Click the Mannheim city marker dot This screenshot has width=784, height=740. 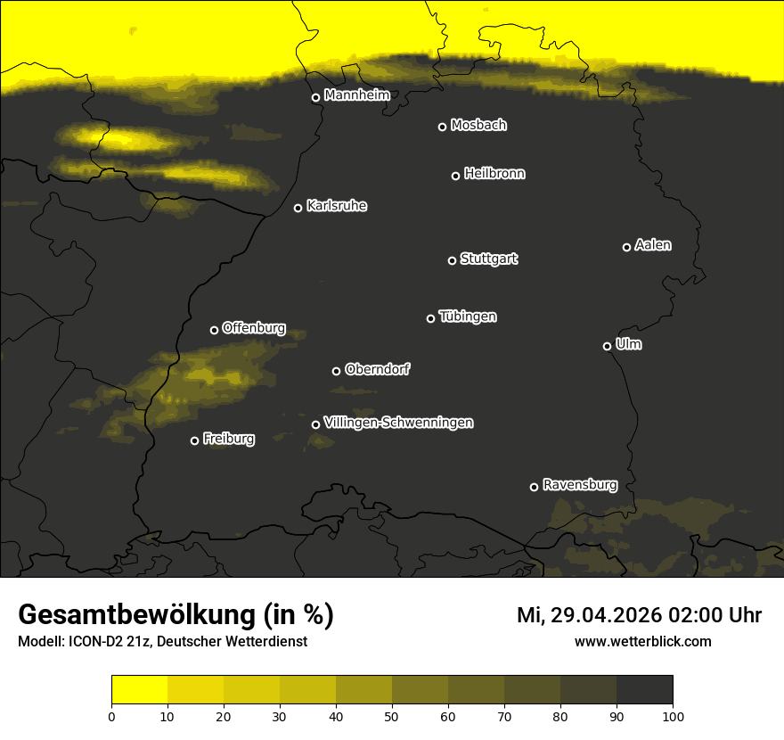pos(315,98)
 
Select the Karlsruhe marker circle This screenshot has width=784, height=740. pos(298,208)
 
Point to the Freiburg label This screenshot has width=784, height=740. pos(228,439)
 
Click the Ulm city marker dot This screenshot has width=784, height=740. pos(607,346)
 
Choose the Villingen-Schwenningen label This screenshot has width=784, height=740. pos(398,423)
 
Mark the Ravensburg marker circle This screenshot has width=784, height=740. pos(534,487)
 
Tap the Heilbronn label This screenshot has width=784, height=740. pos(494,174)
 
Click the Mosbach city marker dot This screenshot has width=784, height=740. pos(442,127)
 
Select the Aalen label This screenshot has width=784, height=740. pos(653,245)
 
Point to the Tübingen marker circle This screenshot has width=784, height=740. pos(430,318)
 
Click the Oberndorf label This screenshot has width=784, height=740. pos(377,369)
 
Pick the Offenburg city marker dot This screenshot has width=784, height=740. pos(214,330)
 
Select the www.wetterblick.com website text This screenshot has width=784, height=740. pos(642,641)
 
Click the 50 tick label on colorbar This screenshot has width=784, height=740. pos(392,715)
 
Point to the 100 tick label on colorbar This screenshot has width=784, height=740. pos(673,715)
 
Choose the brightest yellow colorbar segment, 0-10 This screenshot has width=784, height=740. pos(139,690)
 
